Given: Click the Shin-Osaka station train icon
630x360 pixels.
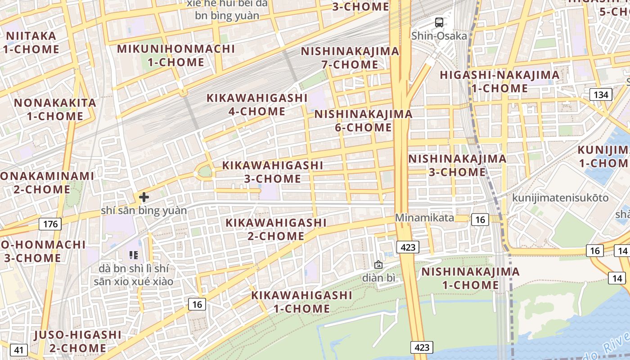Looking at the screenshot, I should click(439, 22).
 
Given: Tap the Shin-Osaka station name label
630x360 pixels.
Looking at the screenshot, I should click(439, 36).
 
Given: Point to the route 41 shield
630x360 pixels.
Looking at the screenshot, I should click(18, 350).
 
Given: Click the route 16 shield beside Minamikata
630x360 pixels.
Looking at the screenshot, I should click(480, 219).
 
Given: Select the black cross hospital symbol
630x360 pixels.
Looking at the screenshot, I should click(144, 197).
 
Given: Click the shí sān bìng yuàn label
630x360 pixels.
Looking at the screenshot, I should click(144, 210).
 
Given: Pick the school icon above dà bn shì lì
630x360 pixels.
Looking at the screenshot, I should click(133, 255).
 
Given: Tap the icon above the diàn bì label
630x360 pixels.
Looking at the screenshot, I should click(378, 265).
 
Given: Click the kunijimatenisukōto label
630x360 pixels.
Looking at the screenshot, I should click(560, 198).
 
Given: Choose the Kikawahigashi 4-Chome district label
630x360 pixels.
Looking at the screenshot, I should click(257, 104).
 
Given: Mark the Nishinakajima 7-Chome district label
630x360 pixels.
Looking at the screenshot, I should click(350, 58).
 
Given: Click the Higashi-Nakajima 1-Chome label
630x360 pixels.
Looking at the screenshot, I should click(499, 81).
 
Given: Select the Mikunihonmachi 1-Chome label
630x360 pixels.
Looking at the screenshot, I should click(176, 55).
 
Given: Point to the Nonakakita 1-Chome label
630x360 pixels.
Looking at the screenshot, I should click(55, 109).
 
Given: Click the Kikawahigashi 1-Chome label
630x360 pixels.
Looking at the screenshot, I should click(301, 302).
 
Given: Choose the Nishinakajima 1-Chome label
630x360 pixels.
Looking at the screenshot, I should click(470, 278).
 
